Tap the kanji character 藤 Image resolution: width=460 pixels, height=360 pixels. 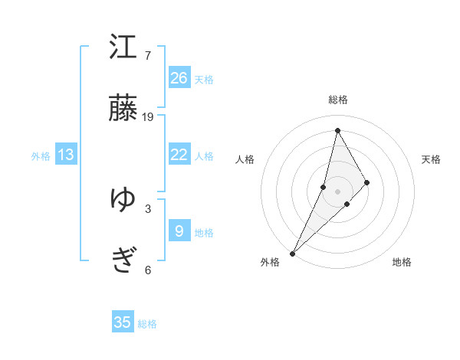coord(123,109)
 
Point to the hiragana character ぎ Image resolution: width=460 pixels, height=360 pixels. coord(123,260)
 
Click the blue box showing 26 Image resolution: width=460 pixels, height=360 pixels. coord(179,78)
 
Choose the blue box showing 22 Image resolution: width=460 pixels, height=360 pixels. coord(179,155)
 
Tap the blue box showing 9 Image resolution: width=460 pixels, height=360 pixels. coord(179,231)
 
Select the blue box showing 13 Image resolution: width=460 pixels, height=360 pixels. coord(66,155)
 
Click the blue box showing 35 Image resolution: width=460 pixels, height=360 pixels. coord(123,322)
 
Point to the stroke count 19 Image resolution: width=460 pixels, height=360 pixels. coord(148,117)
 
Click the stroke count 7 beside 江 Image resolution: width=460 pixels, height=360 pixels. coord(147,56)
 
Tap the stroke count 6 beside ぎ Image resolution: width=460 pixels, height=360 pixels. coord(147,270)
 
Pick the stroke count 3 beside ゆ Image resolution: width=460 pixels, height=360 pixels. coord(147,208)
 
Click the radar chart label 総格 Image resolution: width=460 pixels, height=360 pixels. coord(337,100)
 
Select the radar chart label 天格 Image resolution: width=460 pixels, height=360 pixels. coord(432,159)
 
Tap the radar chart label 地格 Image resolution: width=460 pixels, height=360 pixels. coord(402,262)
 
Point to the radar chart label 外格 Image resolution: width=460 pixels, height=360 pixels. coord(270,262)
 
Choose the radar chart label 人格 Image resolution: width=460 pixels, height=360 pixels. coord(245,159)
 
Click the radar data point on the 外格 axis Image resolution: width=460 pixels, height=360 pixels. coord(292,253)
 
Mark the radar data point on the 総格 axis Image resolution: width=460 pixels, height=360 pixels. coord(337,129)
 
